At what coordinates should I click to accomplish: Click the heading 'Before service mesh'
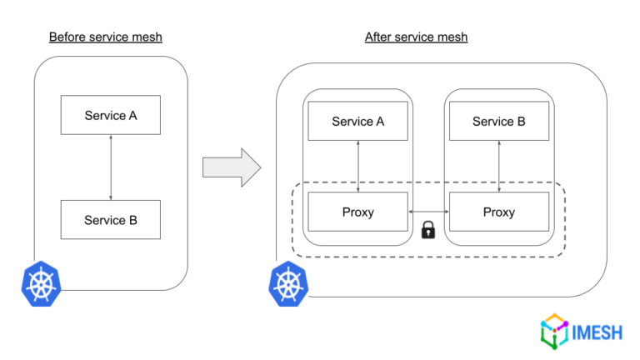(x=105, y=37)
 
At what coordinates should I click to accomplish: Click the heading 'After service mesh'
(x=416, y=37)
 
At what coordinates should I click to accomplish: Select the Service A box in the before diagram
(x=111, y=115)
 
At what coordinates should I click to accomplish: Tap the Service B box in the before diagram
(x=111, y=220)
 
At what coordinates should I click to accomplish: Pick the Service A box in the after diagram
(x=357, y=122)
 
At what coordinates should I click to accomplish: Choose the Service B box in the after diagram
(x=498, y=122)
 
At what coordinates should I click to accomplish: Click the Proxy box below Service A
(x=357, y=212)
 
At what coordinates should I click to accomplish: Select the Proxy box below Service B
(x=498, y=212)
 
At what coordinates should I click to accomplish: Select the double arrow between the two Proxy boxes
(x=428, y=212)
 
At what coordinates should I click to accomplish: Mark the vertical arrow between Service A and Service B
(x=111, y=167)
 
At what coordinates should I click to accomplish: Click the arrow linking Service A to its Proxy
(x=357, y=167)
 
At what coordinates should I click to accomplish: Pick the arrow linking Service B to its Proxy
(x=498, y=167)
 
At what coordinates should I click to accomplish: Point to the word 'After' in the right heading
(x=379, y=37)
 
